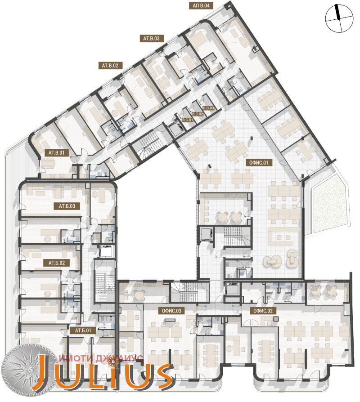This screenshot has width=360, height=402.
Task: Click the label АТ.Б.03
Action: pos(67,206)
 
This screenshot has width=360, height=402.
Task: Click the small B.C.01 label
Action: pos(187,120)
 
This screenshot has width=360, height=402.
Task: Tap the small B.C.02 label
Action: pos(198,114)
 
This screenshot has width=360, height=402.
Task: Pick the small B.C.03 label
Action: pos(209,108)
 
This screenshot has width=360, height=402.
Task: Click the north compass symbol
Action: pos(338,18)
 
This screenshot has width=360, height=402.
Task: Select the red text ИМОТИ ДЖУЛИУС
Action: pos(101,358)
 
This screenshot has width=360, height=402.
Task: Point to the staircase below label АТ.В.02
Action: pos(148,143)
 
